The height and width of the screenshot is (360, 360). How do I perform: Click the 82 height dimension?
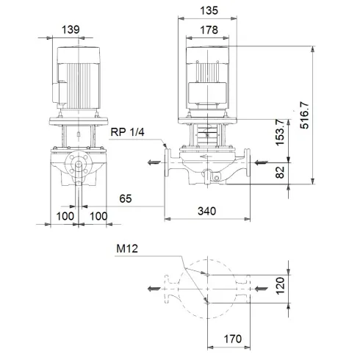click(x=279, y=171)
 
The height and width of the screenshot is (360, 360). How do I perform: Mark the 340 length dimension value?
click(x=208, y=211)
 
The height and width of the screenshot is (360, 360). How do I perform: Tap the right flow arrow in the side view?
click(x=261, y=162)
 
